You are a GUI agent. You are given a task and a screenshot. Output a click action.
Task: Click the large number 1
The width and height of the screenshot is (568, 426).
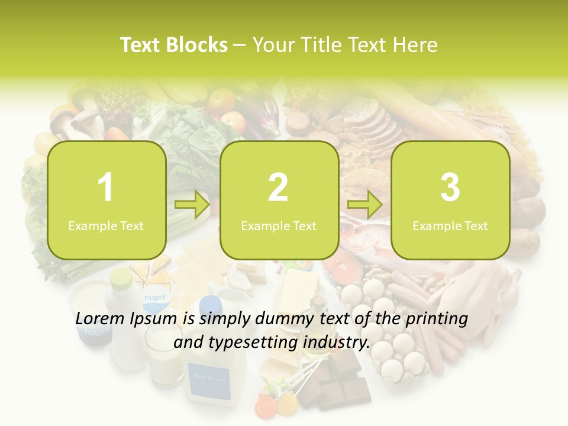[x=106, y=188]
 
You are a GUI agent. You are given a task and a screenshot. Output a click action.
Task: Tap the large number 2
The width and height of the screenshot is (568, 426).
[x=278, y=188]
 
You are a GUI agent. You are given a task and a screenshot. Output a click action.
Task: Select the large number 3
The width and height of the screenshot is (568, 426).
[x=450, y=188]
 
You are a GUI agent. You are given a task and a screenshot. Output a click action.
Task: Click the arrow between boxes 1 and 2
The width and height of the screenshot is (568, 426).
[x=192, y=205]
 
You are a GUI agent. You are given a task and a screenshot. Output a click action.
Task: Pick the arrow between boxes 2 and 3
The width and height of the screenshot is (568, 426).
[x=365, y=205]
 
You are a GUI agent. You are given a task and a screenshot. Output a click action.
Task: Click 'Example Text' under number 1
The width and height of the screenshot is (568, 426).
[x=106, y=225]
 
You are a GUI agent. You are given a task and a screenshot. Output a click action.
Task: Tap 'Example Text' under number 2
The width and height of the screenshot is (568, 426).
[x=279, y=225]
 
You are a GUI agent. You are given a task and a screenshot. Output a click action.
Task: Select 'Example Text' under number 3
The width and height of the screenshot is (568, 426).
[x=450, y=225]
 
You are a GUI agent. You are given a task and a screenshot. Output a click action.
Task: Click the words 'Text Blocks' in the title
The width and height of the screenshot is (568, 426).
[x=173, y=45]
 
